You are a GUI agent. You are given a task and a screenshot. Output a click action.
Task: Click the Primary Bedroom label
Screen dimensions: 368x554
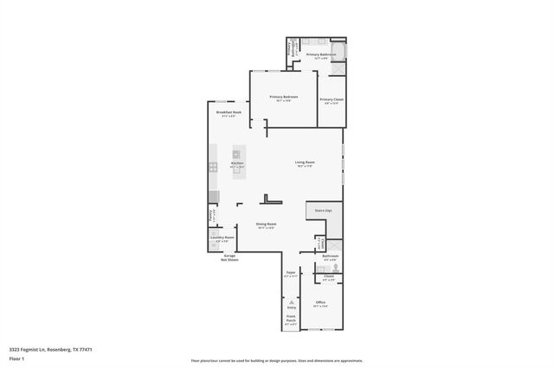coord(283,97)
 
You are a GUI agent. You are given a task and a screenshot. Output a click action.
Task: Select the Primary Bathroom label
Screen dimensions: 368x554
coord(321,54)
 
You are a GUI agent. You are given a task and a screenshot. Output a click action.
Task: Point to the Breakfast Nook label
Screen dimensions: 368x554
coord(229,112)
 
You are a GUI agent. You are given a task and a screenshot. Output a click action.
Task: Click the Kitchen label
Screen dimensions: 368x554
coord(237,163)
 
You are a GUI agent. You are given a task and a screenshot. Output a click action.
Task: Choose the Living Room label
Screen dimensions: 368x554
coord(304,162)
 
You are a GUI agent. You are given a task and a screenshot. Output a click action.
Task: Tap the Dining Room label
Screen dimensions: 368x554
coord(266,225)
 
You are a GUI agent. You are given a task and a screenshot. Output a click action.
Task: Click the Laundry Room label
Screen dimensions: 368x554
coord(222,237)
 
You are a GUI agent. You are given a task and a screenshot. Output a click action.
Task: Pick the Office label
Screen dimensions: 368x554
coord(320,301)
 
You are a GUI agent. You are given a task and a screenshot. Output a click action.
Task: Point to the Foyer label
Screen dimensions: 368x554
coord(291,273)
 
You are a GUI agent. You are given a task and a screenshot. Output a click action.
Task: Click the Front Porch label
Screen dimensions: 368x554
coord(291,319)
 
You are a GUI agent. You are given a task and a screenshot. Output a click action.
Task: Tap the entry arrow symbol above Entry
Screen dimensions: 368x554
coord(291,301)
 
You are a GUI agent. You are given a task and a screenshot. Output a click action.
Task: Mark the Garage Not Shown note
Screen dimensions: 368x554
coord(230,257)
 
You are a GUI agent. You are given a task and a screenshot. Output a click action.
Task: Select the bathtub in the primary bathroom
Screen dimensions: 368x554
coord(340,52)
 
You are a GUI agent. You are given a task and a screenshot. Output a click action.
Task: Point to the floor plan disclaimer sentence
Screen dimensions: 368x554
coord(277,360)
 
